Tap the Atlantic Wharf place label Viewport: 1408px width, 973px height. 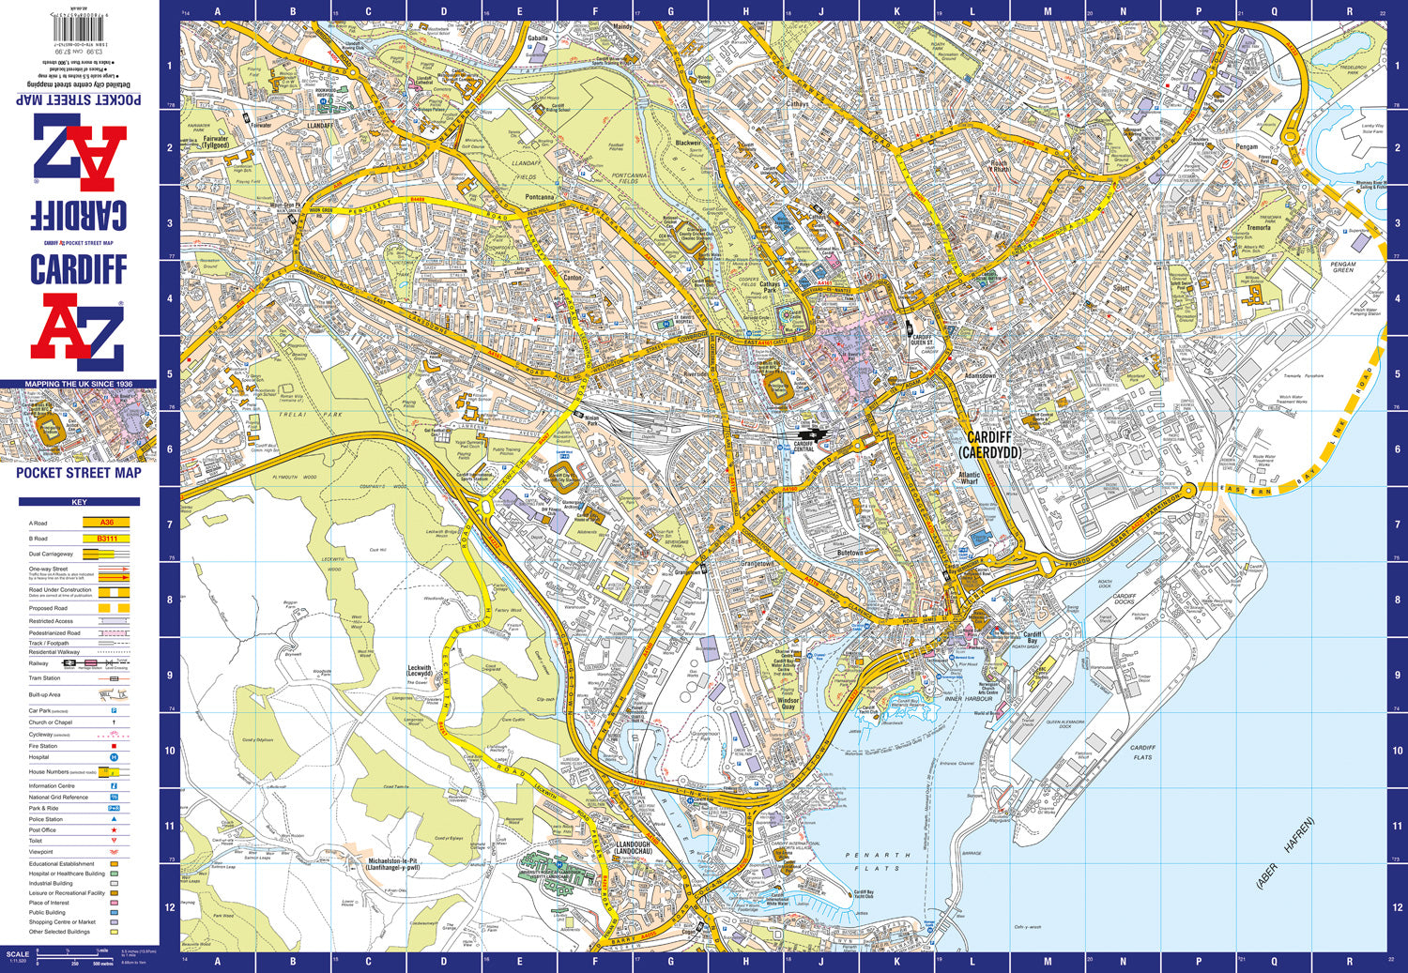(969, 478)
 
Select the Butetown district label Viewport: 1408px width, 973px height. (849, 554)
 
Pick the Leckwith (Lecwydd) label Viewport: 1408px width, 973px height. (420, 672)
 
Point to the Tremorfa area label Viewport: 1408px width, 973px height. (1258, 228)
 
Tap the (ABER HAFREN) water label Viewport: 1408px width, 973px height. (1286, 854)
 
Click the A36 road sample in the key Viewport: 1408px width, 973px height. (107, 523)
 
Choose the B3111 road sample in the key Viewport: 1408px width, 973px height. (107, 539)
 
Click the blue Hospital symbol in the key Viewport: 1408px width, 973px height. (115, 757)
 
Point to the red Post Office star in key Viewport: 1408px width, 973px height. (115, 830)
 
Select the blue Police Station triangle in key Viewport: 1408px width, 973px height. (115, 819)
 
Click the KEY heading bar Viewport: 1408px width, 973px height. (79, 503)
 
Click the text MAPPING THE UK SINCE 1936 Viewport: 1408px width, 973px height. (79, 384)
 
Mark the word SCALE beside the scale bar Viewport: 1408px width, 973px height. (18, 954)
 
